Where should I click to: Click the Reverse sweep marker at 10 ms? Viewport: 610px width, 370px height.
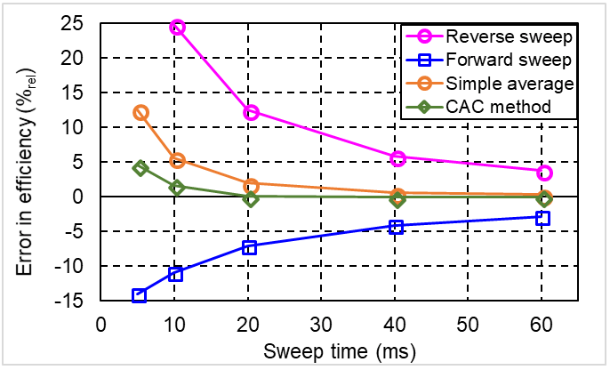click(x=177, y=28)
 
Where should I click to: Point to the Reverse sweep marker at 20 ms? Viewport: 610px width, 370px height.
click(x=251, y=112)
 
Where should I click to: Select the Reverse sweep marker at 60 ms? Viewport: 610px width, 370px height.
click(x=544, y=173)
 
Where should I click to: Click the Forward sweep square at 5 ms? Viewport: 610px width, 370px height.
click(x=139, y=295)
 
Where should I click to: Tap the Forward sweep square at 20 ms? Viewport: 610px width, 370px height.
click(x=250, y=247)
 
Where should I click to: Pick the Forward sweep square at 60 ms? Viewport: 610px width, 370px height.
click(x=543, y=218)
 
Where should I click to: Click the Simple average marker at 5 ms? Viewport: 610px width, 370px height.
click(x=140, y=113)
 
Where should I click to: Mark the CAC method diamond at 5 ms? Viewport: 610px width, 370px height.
click(x=140, y=168)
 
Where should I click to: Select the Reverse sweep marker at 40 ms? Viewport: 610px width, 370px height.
click(x=397, y=158)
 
